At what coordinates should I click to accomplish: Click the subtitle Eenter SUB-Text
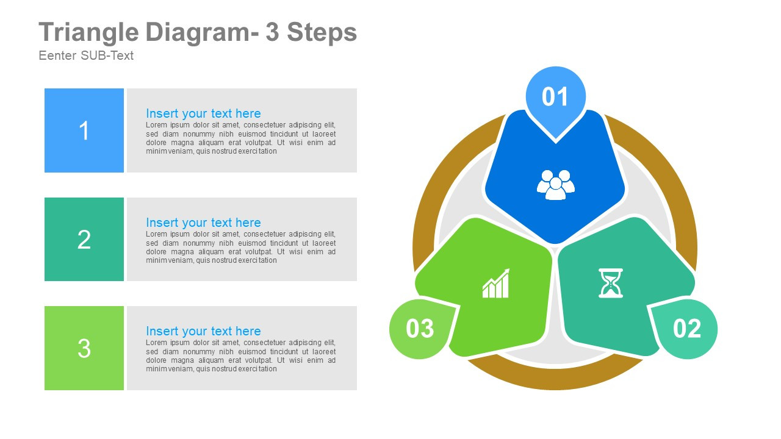(86, 55)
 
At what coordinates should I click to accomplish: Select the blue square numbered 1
(84, 130)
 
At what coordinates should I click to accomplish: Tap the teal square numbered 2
(84, 239)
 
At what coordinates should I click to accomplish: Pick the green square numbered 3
(84, 348)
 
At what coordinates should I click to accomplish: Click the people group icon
(556, 185)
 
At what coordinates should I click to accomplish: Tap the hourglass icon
(610, 283)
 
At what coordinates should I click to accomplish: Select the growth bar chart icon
(496, 284)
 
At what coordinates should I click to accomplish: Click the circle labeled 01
(555, 96)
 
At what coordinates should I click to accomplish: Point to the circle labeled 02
(687, 329)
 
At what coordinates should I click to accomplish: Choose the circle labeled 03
(420, 329)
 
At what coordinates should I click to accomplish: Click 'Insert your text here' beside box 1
(203, 113)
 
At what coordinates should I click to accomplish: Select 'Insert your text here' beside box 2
(203, 223)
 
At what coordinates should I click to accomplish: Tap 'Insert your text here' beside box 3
(203, 331)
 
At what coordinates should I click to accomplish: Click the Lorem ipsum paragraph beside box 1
(240, 138)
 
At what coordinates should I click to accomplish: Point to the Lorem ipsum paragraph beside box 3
(240, 356)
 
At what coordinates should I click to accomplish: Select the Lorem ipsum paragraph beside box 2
(240, 247)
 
